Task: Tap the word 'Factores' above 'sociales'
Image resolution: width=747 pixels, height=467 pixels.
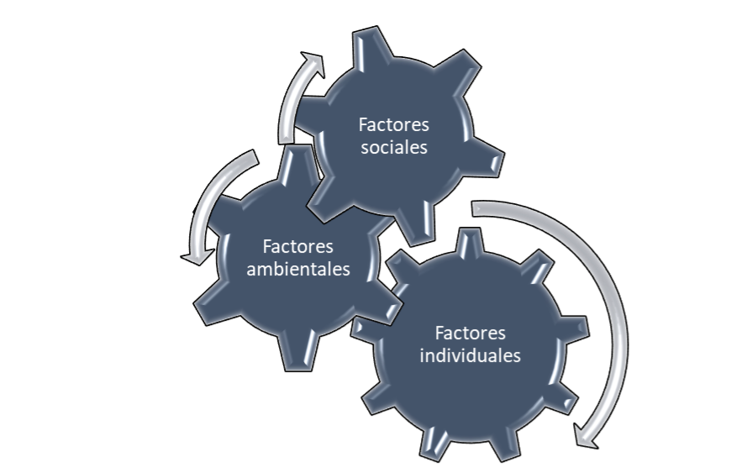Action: click(x=393, y=125)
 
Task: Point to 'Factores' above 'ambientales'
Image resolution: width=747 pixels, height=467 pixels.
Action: click(x=297, y=247)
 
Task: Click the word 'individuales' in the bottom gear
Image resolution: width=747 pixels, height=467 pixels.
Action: click(x=470, y=354)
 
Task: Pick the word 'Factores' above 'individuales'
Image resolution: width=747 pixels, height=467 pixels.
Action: click(x=470, y=332)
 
